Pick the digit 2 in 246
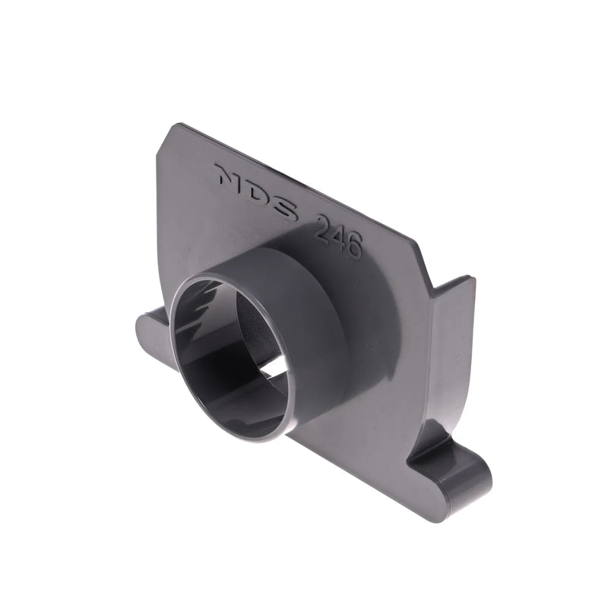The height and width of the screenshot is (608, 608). tap(322, 227)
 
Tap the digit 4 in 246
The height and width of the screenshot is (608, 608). tap(338, 236)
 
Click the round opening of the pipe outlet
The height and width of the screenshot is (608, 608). tap(228, 357)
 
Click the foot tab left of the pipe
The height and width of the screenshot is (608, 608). tap(152, 334)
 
